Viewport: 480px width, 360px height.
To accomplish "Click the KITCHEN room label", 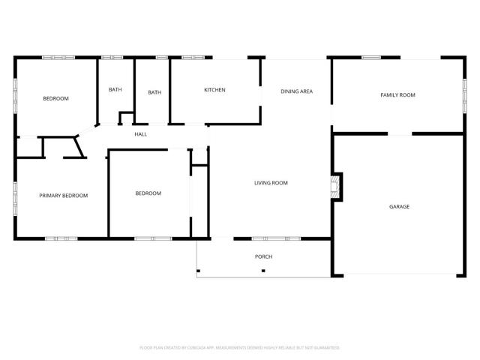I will (x=214, y=90).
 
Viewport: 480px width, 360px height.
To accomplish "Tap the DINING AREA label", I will (x=296, y=91).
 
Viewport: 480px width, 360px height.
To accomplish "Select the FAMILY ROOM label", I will (x=397, y=95).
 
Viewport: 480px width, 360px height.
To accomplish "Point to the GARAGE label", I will (x=399, y=206).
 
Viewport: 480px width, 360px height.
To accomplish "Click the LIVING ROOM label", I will (x=271, y=183).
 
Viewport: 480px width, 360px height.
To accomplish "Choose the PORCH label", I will (x=263, y=256).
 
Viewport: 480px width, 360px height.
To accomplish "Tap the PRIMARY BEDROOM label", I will (x=64, y=196).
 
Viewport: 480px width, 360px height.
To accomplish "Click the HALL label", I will (x=140, y=134).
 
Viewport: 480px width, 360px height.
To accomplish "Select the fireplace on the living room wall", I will (x=337, y=187).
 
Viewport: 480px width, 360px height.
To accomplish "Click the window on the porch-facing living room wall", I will (x=276, y=238).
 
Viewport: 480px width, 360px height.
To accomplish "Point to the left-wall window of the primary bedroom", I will (x=15, y=198).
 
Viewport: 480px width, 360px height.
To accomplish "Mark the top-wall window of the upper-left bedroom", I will (x=58, y=58).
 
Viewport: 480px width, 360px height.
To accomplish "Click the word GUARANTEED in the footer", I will (x=325, y=348).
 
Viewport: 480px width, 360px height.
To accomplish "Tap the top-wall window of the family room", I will (x=371, y=58).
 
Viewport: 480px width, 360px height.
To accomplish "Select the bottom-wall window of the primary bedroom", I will (x=61, y=238).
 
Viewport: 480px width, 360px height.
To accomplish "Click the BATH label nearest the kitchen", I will (x=154, y=93).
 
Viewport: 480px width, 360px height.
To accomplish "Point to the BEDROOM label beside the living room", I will (x=148, y=193).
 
